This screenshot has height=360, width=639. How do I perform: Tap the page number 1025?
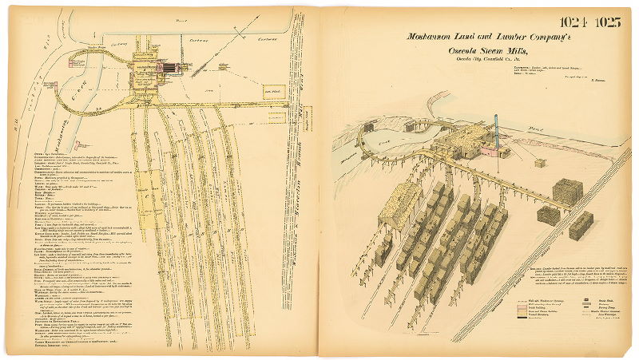tap(608, 22)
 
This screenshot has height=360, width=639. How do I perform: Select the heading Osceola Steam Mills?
tap(479, 53)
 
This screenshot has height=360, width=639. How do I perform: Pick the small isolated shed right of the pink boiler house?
tap(541, 163)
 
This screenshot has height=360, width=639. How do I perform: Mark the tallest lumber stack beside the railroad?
tap(566, 192)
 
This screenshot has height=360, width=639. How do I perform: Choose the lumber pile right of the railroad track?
tap(581, 224)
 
